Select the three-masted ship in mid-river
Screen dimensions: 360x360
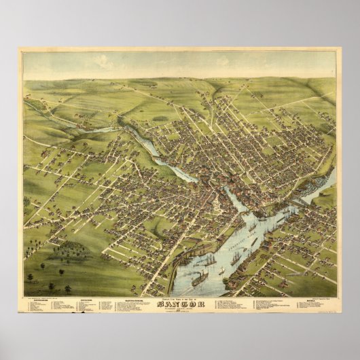235,257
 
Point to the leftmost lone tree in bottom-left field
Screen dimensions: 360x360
30,277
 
